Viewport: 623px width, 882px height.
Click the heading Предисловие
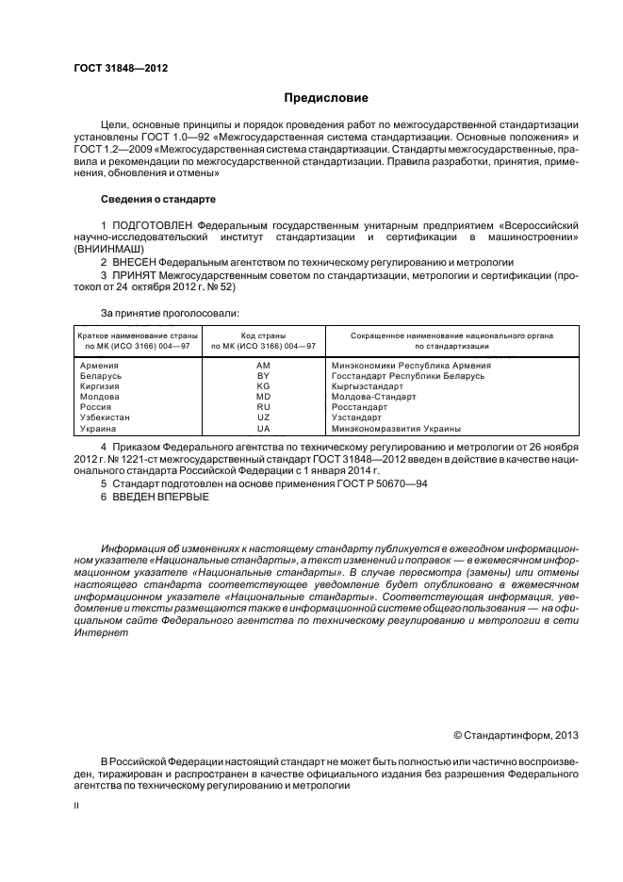(326, 97)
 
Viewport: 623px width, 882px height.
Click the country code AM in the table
(263, 365)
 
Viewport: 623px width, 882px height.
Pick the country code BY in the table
(263, 375)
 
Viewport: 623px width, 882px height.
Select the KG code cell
(263, 386)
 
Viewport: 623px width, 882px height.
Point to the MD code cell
(263, 397)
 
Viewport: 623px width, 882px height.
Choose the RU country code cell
(263, 407)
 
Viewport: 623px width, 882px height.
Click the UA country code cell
(263, 429)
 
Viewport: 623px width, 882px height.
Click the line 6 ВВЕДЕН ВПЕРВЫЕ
(155, 497)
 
